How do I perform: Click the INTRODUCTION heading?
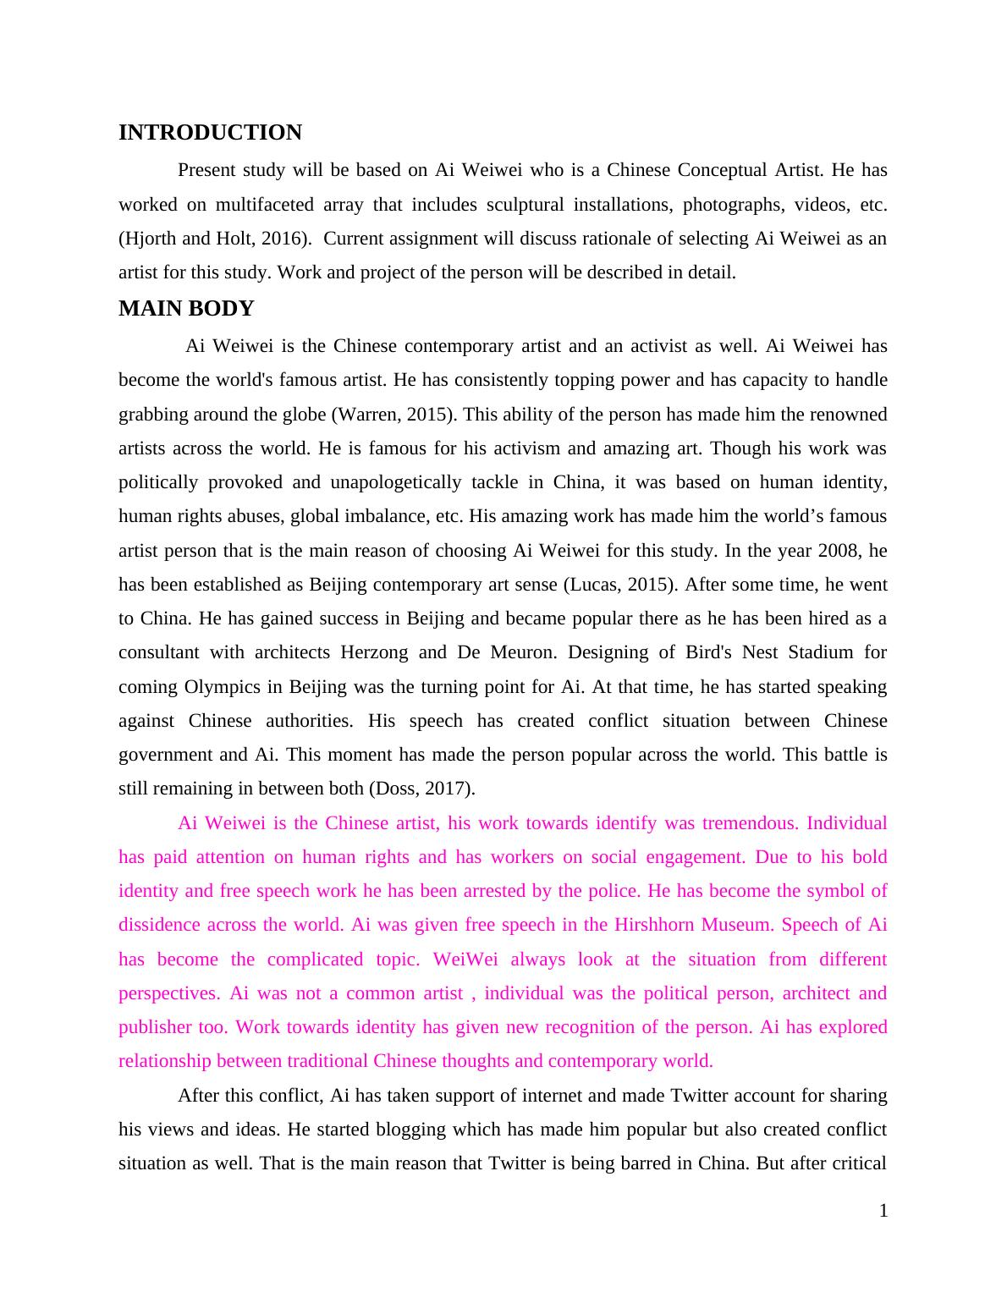(x=210, y=133)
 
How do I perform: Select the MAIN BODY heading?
(x=186, y=309)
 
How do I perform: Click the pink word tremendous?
(x=749, y=823)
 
